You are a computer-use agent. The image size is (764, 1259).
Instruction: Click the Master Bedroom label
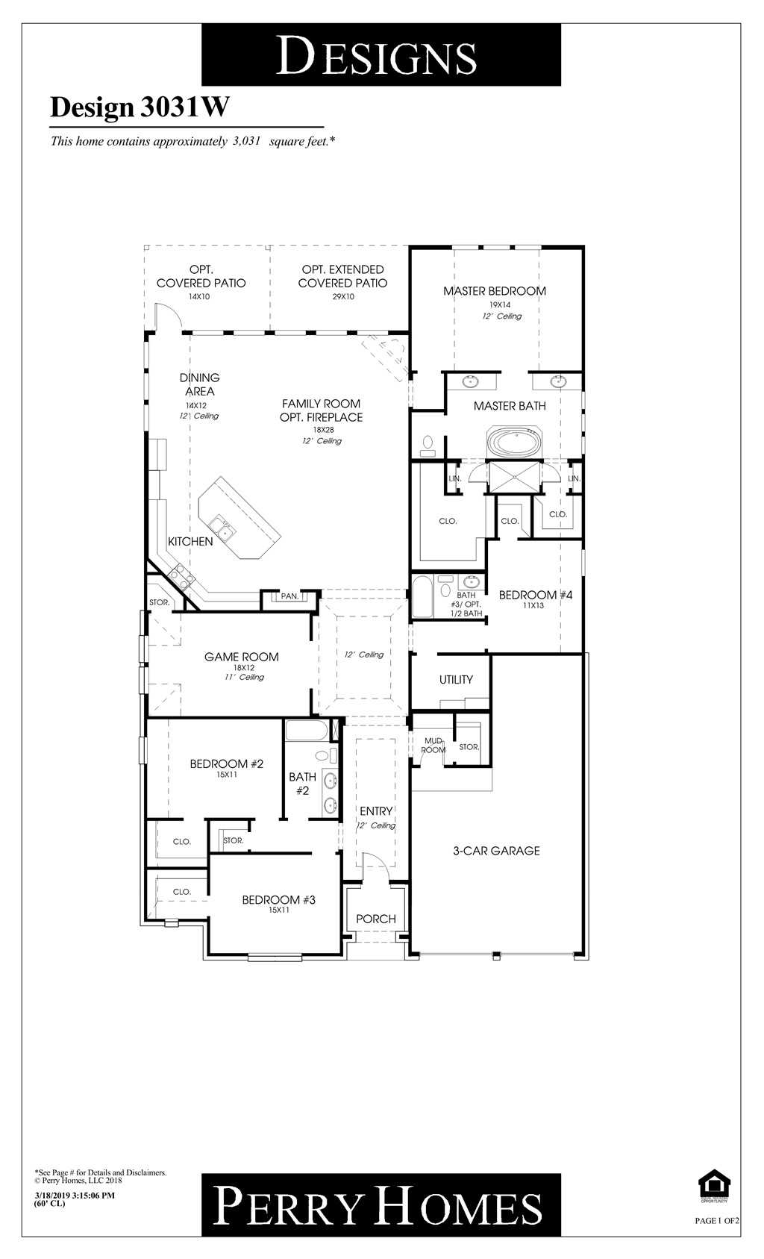point(495,291)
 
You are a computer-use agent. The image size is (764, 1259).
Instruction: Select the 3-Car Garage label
point(496,851)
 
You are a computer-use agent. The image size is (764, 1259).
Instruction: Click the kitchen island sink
point(221,527)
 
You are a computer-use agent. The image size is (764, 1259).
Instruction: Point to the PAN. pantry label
point(289,596)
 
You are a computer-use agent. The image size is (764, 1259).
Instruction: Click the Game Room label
point(242,657)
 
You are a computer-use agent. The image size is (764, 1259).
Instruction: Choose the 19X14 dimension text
point(499,304)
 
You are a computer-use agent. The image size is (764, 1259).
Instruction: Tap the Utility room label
point(456,680)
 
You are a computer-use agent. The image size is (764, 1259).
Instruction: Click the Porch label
point(375,919)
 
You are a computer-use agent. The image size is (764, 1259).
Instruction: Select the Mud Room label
point(433,746)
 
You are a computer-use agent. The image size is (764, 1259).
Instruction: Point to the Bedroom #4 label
point(535,595)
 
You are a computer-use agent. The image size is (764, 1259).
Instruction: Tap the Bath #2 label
point(302,784)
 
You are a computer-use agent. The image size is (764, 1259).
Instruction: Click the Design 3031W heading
point(140,107)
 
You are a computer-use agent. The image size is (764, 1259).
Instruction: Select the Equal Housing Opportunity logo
point(713,1186)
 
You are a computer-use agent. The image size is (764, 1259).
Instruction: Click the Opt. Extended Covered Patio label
point(342,276)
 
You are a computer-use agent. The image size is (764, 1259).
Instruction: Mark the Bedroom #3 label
point(278,900)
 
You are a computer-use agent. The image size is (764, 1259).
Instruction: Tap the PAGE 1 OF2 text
point(716,1221)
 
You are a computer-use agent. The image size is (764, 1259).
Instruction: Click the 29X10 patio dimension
point(342,296)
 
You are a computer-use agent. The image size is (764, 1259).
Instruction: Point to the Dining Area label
point(199,384)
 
